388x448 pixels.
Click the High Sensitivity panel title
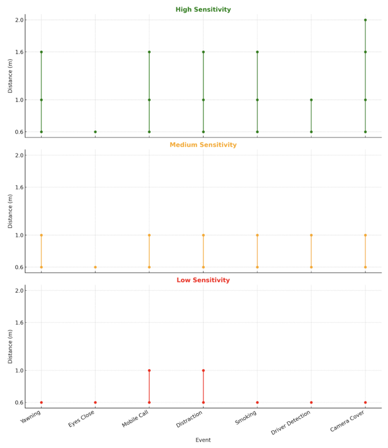tap(203, 9)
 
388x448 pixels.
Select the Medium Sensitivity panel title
tap(203, 145)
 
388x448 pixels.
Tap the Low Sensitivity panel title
tap(203, 280)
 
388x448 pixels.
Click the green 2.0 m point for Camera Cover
tap(365, 20)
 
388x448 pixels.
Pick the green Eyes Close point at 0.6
tap(95, 132)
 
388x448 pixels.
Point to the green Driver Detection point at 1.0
tap(311, 100)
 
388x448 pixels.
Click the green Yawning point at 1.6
tap(41, 52)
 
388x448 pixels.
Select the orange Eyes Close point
tap(95, 267)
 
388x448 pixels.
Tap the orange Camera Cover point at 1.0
tap(365, 235)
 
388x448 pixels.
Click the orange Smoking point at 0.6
tap(257, 267)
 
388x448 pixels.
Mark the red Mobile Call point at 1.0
tap(149, 370)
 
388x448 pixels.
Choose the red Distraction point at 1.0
tap(203, 370)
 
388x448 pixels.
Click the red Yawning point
tap(41, 402)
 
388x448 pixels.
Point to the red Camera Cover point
tap(365, 402)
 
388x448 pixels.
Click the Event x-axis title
tap(203, 440)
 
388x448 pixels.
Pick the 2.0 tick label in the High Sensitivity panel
tap(19, 20)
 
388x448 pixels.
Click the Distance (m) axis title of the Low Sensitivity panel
tap(10, 347)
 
